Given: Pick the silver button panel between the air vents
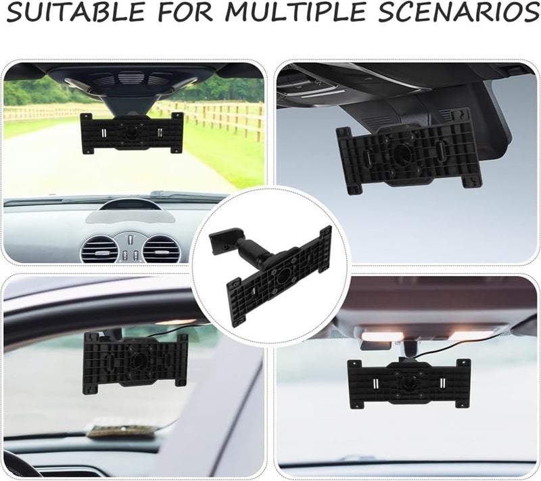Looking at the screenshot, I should point(128,246).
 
